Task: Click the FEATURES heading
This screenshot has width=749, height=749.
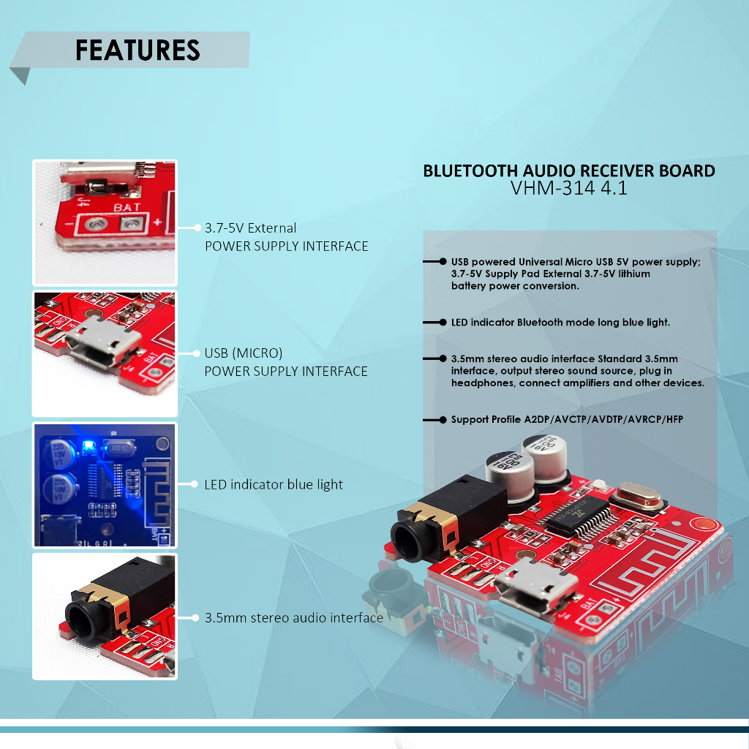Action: pos(138,50)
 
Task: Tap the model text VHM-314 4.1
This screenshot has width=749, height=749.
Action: pos(569,189)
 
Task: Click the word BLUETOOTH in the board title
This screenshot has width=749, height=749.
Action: pos(467,171)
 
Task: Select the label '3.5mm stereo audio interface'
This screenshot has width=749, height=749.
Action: pos(294,618)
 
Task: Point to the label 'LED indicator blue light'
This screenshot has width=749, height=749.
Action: pos(274,484)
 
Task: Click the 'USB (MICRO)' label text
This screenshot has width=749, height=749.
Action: pos(244,353)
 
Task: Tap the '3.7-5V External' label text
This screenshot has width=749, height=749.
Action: pos(250,228)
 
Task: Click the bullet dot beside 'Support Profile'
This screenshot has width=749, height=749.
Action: pos(443,420)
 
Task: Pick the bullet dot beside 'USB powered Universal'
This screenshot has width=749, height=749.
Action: pos(443,261)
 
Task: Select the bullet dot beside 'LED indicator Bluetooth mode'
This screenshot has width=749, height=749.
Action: pos(443,322)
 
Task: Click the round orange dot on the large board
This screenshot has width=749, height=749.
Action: pos(705,524)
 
